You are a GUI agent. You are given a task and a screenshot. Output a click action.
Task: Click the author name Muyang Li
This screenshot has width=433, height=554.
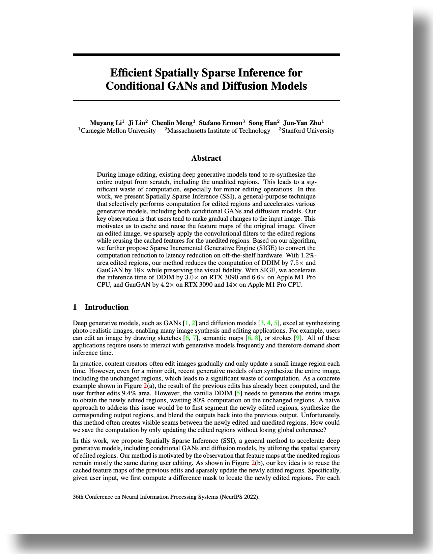coord(106,123)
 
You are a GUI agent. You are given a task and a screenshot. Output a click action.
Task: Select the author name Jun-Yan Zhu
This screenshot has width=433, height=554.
coord(302,123)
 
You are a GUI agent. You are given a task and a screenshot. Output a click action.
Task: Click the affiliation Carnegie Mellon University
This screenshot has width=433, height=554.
coord(118,131)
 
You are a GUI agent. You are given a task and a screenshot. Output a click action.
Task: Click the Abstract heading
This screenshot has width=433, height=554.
coord(206,158)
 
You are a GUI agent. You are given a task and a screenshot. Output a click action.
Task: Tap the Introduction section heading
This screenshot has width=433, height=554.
coord(106,307)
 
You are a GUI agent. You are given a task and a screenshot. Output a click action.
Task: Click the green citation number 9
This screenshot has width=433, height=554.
coord(298,338)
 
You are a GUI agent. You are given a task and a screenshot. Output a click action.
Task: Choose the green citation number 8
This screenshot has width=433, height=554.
coord(257,338)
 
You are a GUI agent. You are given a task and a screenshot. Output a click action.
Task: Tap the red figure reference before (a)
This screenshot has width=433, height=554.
coord(145,386)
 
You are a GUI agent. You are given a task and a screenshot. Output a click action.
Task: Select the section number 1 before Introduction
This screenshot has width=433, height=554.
coord(75,307)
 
